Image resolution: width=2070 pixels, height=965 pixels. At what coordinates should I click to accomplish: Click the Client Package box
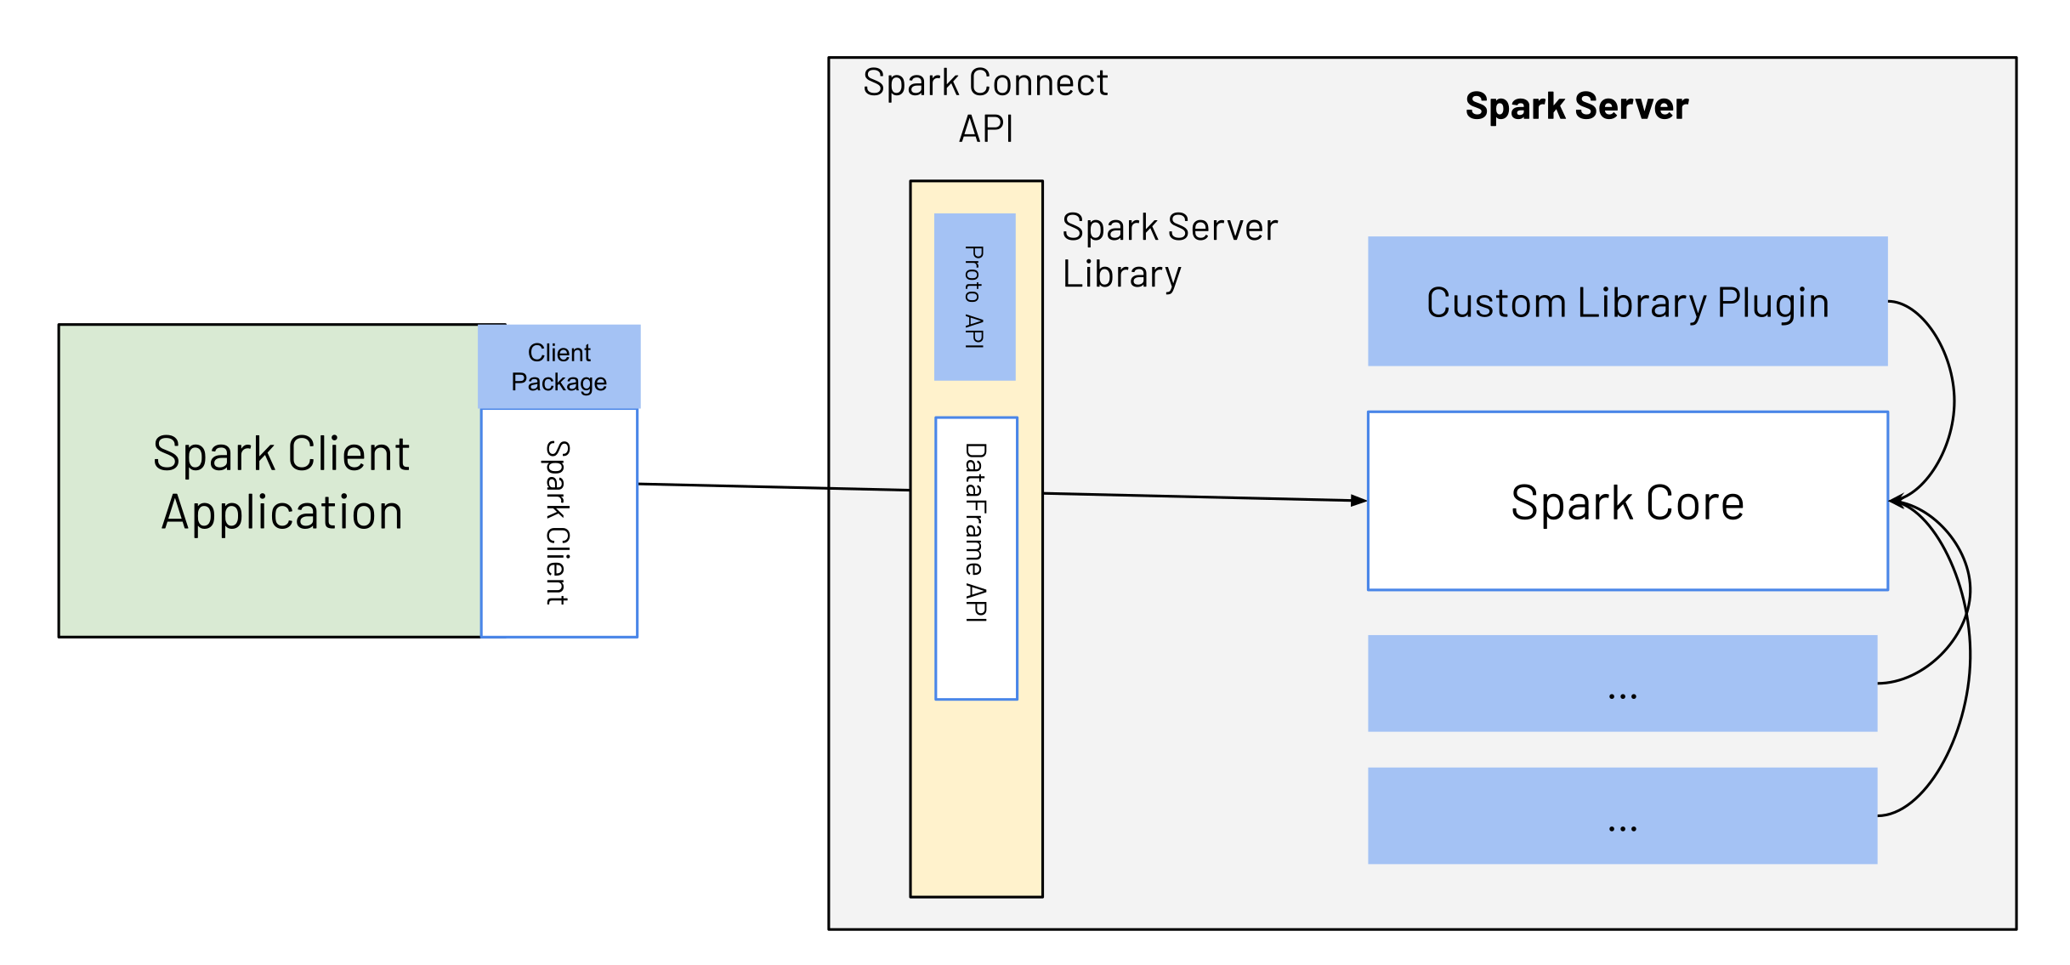(x=559, y=366)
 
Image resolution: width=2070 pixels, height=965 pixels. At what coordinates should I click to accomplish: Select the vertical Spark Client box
(x=559, y=522)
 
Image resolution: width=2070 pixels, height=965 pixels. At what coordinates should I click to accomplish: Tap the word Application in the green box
(x=282, y=513)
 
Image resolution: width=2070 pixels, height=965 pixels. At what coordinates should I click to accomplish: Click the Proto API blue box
(x=974, y=297)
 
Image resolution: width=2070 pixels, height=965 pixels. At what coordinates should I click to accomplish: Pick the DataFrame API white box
(x=976, y=558)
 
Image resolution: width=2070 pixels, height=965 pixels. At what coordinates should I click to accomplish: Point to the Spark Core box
(x=1626, y=501)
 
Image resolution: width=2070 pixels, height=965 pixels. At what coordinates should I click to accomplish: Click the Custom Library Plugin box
(x=1626, y=302)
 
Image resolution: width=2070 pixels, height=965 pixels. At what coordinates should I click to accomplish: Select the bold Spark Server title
(x=1576, y=106)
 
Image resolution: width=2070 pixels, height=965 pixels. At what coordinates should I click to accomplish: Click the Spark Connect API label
(x=985, y=105)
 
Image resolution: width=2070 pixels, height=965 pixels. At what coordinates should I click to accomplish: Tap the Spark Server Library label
(x=1169, y=250)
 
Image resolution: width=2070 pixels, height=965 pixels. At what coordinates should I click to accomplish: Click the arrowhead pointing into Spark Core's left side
(x=1358, y=501)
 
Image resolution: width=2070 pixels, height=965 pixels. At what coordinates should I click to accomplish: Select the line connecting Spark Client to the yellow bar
(x=765, y=487)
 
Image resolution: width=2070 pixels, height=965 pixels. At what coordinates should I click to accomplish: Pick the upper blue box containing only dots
(x=1621, y=684)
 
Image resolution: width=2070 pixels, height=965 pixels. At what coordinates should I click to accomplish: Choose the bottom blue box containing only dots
(x=1621, y=816)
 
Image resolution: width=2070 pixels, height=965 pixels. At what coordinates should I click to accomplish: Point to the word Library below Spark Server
(x=1121, y=275)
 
